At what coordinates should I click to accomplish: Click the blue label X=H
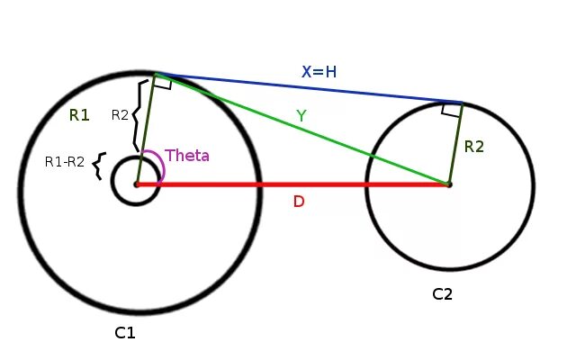[x=319, y=71]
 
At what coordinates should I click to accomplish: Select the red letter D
[x=299, y=202]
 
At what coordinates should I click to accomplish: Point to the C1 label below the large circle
[x=124, y=333]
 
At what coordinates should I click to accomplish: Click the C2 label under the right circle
[x=443, y=293]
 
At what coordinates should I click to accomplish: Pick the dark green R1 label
[x=79, y=115]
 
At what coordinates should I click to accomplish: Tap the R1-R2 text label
[x=64, y=163]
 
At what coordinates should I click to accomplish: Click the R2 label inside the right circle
[x=475, y=146]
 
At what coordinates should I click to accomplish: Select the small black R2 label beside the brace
[x=120, y=115]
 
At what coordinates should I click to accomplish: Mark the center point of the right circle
[x=449, y=184]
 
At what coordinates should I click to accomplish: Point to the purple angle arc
[x=158, y=162]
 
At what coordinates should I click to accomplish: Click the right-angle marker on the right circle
[x=451, y=110]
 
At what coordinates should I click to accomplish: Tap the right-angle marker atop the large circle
[x=163, y=83]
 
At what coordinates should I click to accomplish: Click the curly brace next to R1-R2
[x=99, y=165]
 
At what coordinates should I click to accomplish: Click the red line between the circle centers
[x=297, y=184]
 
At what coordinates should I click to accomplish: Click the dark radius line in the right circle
[x=455, y=144]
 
